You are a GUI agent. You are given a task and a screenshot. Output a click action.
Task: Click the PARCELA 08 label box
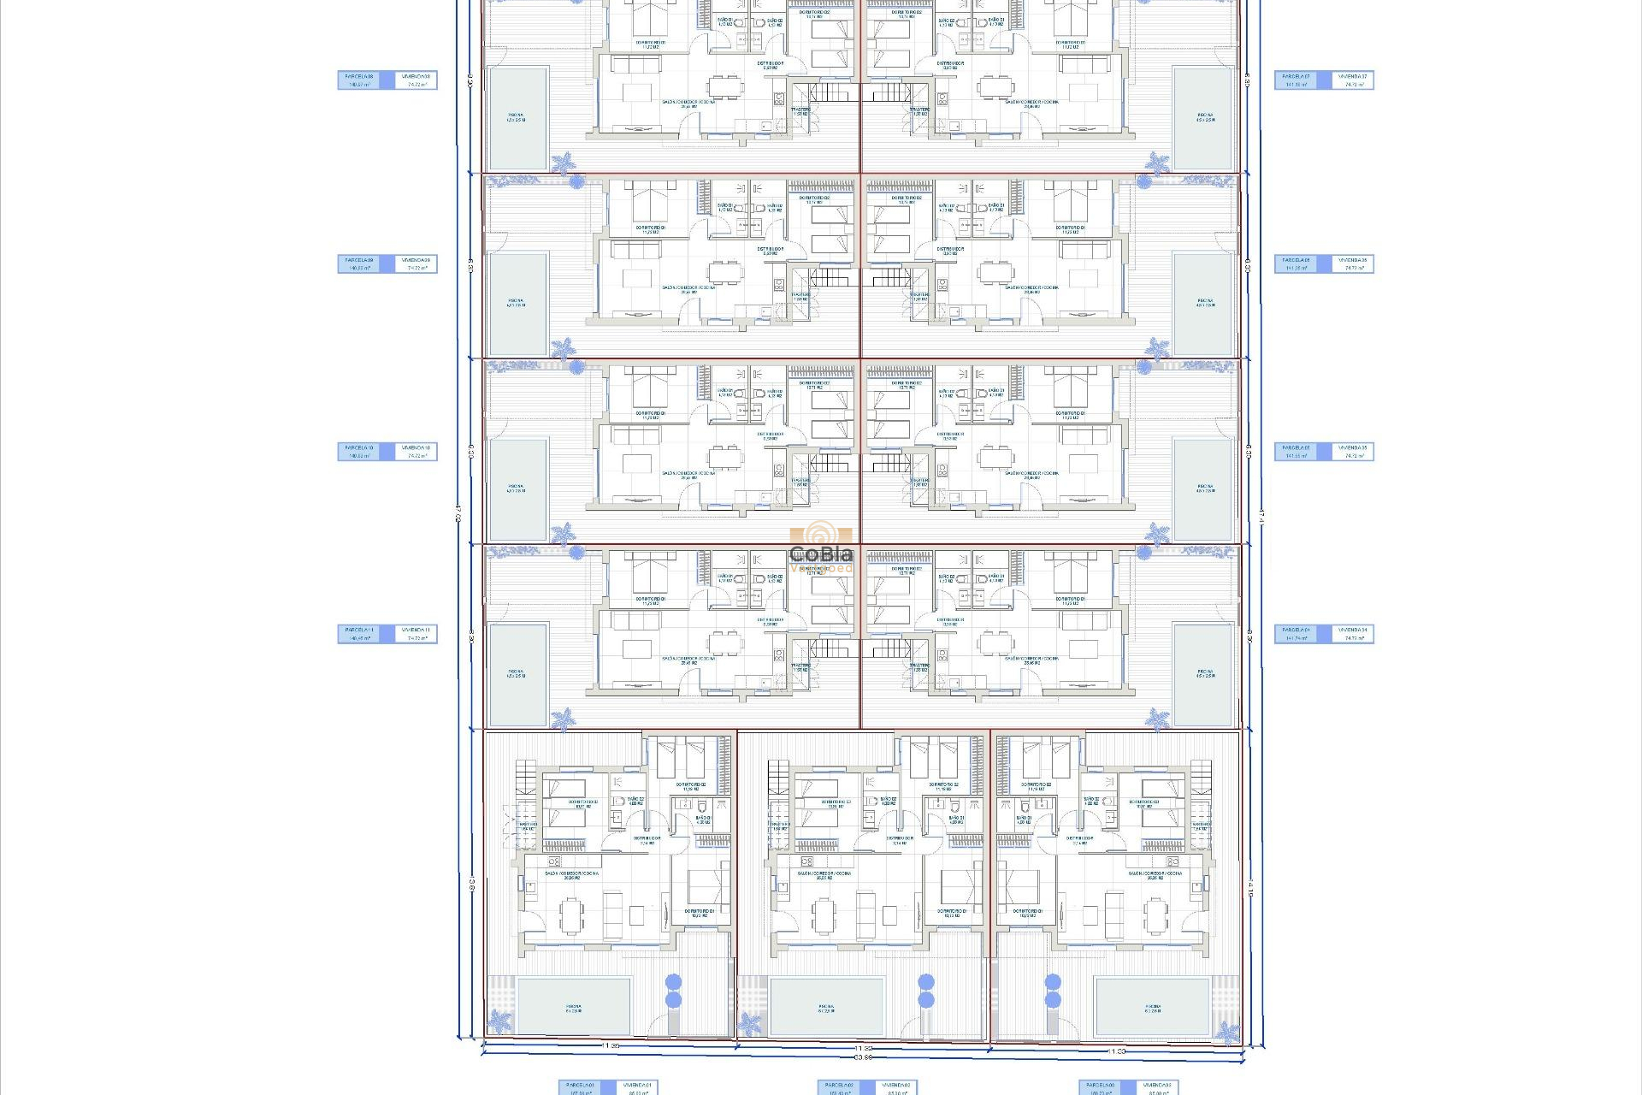point(359,80)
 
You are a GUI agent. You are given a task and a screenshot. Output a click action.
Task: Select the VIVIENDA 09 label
point(416,264)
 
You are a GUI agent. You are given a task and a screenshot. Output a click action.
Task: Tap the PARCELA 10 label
point(359,452)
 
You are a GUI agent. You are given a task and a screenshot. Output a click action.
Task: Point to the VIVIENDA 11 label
point(416,634)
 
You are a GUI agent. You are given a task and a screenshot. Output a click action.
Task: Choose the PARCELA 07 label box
point(1296,80)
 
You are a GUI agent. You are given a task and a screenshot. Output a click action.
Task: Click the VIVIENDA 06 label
point(1353,264)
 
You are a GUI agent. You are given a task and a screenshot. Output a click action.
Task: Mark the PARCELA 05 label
point(1296,452)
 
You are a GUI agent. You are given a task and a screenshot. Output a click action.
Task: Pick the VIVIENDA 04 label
point(1353,634)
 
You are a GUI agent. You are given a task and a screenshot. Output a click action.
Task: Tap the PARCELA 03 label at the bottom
point(1101,1087)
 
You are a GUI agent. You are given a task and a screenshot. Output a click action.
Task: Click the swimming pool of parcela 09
point(517,304)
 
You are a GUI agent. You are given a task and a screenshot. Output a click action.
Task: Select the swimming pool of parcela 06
point(1204,304)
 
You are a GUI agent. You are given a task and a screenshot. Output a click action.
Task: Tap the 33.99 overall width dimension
point(862,1057)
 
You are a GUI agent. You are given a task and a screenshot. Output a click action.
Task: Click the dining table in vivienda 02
point(823,915)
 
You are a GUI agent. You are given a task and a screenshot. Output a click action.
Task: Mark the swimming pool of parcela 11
point(517,674)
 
